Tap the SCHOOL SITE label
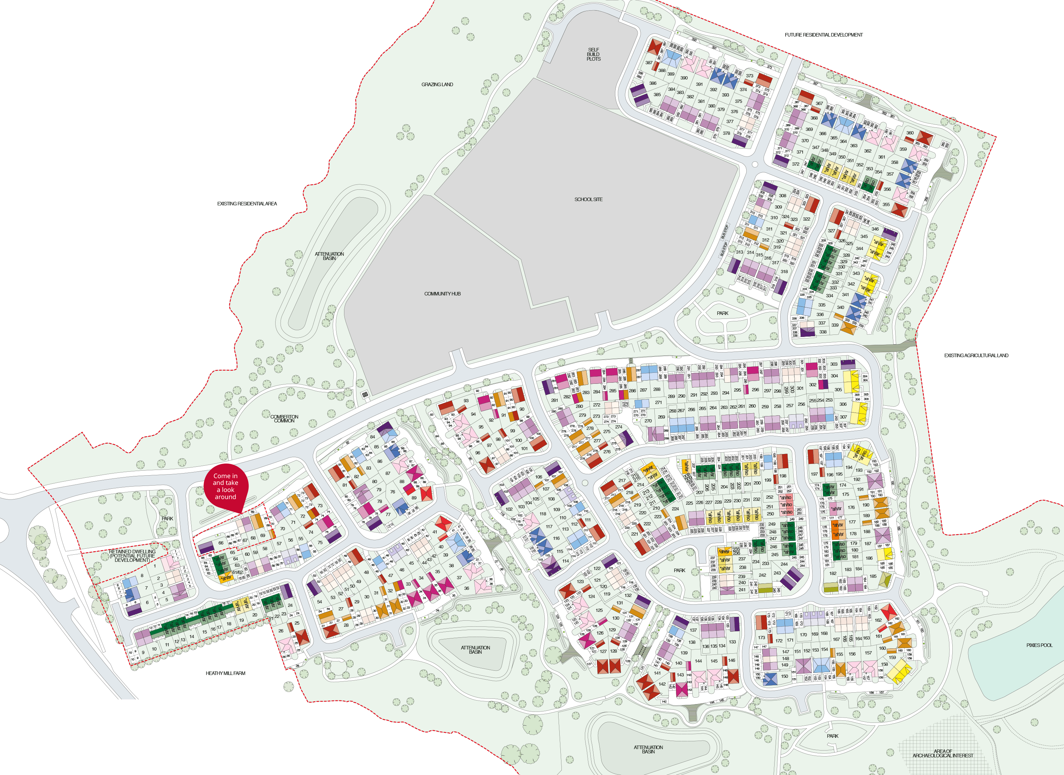588,199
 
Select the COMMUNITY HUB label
442,294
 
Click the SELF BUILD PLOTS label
593,54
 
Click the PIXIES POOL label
1039,645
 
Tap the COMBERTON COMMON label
284,419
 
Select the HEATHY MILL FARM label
225,673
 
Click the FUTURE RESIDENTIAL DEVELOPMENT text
823,35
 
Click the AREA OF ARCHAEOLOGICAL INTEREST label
942,753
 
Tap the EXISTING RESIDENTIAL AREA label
247,204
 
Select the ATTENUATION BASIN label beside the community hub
329,256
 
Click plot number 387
649,62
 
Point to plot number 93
466,401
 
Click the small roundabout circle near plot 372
754,164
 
